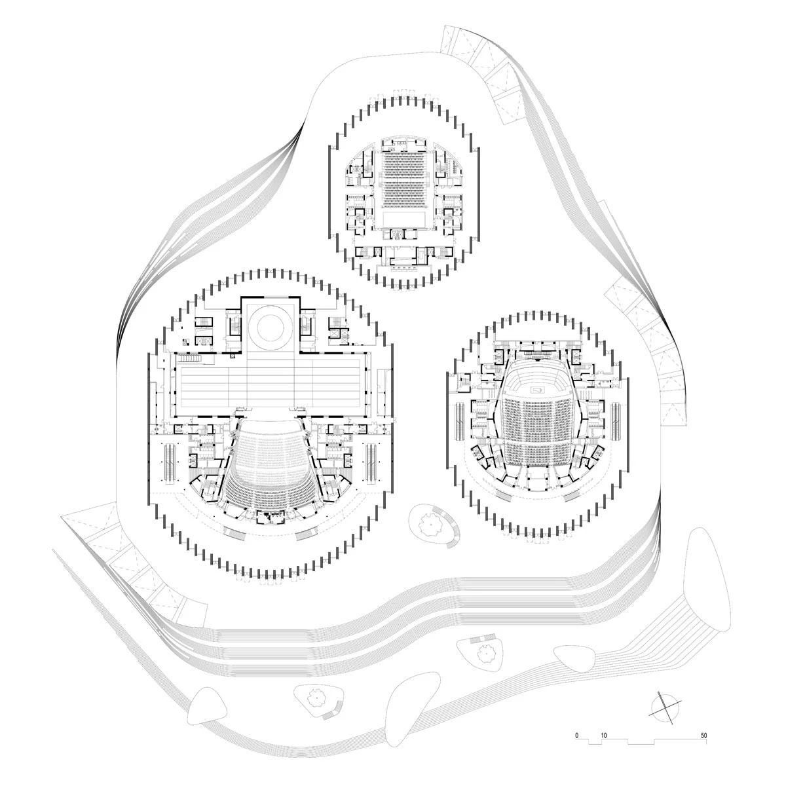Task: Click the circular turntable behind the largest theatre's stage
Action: [270, 327]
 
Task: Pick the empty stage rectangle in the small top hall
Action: [405, 219]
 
